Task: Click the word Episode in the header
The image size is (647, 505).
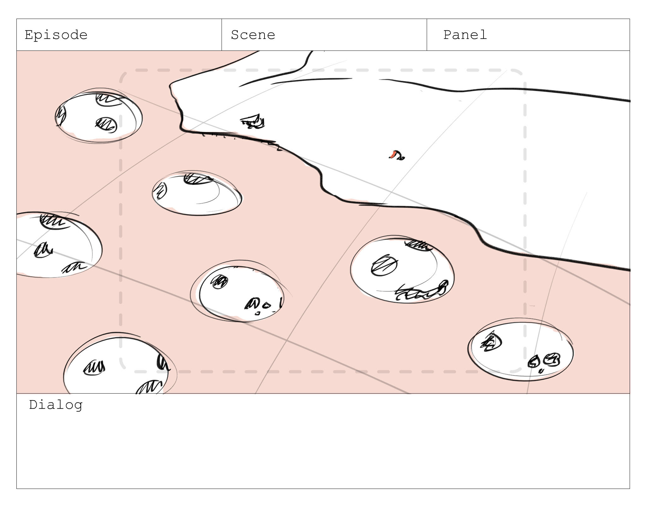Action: pos(56,35)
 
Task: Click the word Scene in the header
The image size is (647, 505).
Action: pos(253,35)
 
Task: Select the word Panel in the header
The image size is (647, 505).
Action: pos(465,35)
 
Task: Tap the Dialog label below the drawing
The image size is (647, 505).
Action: pos(56,405)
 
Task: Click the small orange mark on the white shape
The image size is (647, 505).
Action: pos(393,154)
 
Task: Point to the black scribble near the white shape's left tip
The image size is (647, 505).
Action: pos(252,122)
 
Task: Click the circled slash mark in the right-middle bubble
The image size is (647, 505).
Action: pos(384,265)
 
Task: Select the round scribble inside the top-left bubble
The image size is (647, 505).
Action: pos(106,125)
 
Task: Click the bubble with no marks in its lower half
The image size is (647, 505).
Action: pos(197,193)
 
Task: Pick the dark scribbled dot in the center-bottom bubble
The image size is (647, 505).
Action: pos(219,282)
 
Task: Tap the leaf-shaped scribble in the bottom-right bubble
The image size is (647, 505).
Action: pos(491,342)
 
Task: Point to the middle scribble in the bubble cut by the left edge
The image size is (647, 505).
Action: pos(43,250)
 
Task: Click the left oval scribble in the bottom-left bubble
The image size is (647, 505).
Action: pos(94,368)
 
